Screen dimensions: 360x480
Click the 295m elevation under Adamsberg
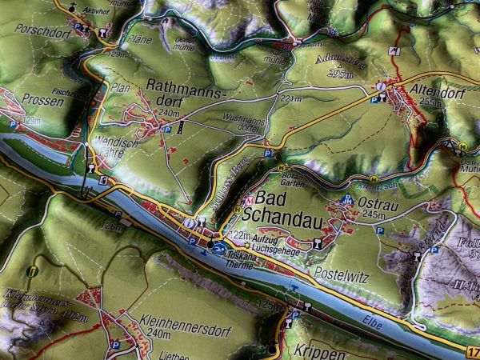click(x=339, y=74)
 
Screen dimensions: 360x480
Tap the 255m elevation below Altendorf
click(x=430, y=102)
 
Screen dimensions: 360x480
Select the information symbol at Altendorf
click(x=381, y=84)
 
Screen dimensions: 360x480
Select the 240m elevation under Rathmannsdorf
click(x=169, y=114)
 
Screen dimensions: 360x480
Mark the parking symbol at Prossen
click(x=13, y=125)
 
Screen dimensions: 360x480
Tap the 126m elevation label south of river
click(x=114, y=227)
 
